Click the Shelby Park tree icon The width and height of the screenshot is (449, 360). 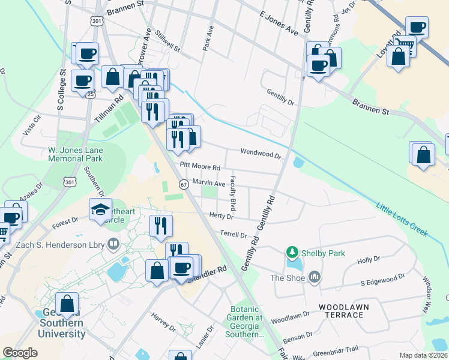[292, 253]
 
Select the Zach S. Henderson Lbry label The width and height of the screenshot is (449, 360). [61, 244]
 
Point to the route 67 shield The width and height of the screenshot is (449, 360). [183, 184]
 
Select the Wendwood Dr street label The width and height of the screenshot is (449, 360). [261, 153]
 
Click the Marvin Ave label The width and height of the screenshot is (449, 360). [208, 182]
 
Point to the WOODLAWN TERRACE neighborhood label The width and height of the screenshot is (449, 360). [344, 311]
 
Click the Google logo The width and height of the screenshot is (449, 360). [20, 353]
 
